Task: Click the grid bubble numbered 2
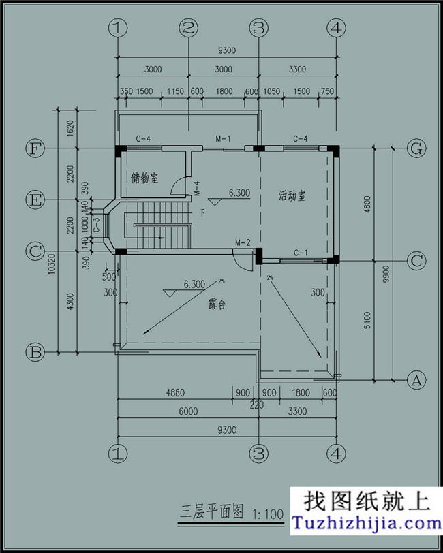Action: click(x=189, y=29)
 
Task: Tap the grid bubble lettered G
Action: click(x=414, y=148)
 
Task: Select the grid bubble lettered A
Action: click(x=414, y=380)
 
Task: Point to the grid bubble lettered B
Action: click(x=35, y=352)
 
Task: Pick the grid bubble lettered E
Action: click(x=35, y=200)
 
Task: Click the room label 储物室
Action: click(x=144, y=178)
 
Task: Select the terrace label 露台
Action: click(x=217, y=305)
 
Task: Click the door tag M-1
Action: click(x=224, y=139)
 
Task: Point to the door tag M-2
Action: click(x=243, y=243)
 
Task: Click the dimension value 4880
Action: click(x=176, y=393)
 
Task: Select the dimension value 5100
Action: click(x=368, y=320)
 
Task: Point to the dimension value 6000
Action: click(x=188, y=411)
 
